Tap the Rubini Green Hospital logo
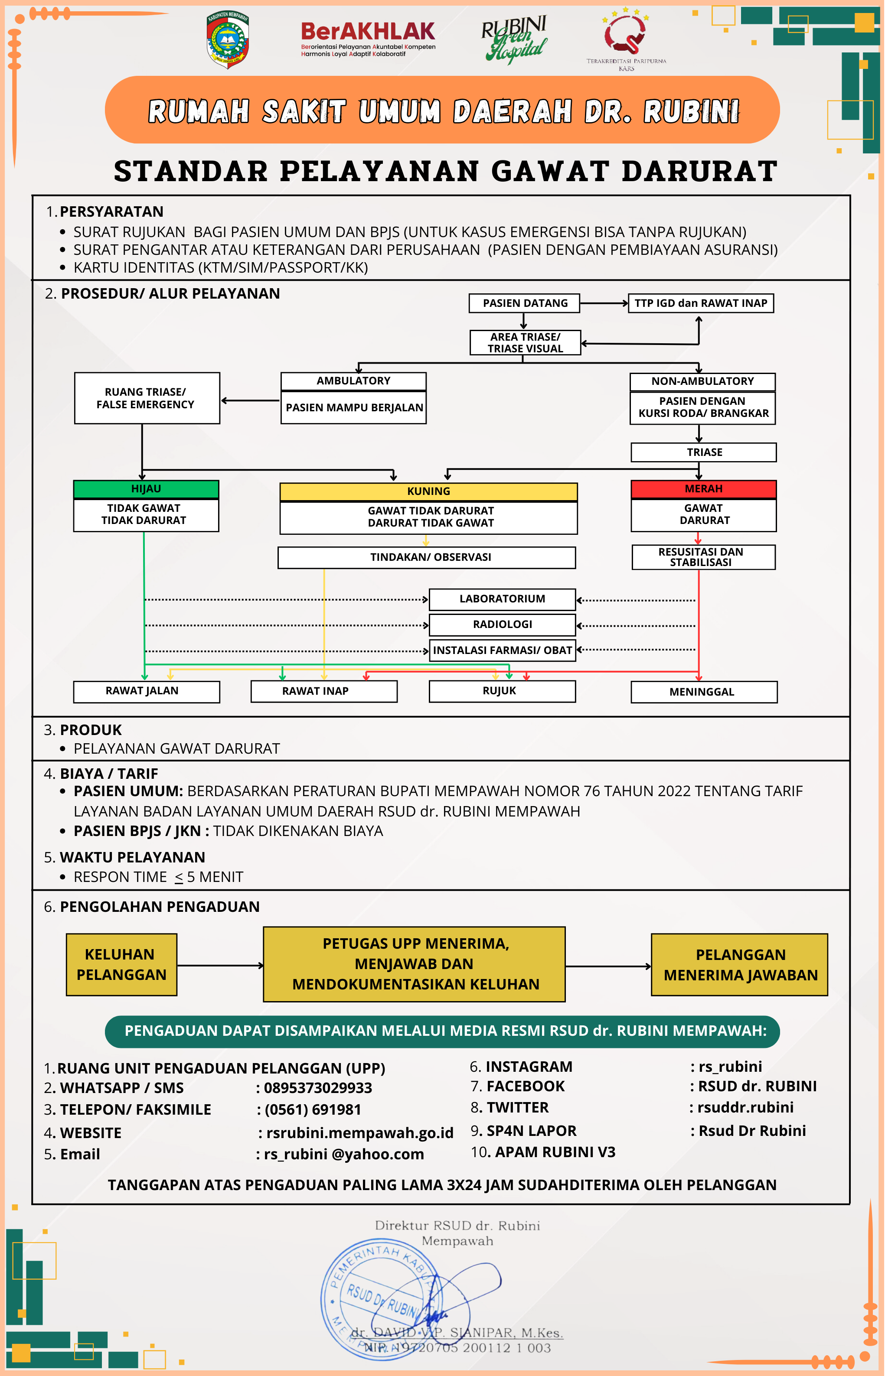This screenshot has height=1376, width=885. pyautogui.click(x=514, y=39)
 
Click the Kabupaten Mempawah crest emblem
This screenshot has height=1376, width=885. pyautogui.click(x=228, y=40)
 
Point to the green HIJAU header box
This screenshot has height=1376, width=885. pyautogui.click(x=146, y=489)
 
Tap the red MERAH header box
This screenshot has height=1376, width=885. pyautogui.click(x=703, y=489)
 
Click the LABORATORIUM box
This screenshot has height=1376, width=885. pyautogui.click(x=502, y=599)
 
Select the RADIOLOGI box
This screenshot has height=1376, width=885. pyautogui.click(x=502, y=624)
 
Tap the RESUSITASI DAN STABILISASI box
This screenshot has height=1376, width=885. pyautogui.click(x=703, y=557)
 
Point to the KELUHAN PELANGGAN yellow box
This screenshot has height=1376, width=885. pyautogui.click(x=121, y=964)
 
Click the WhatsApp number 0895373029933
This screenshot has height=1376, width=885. pyautogui.click(x=318, y=1088)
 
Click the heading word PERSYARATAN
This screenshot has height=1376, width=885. pyautogui.click(x=111, y=212)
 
